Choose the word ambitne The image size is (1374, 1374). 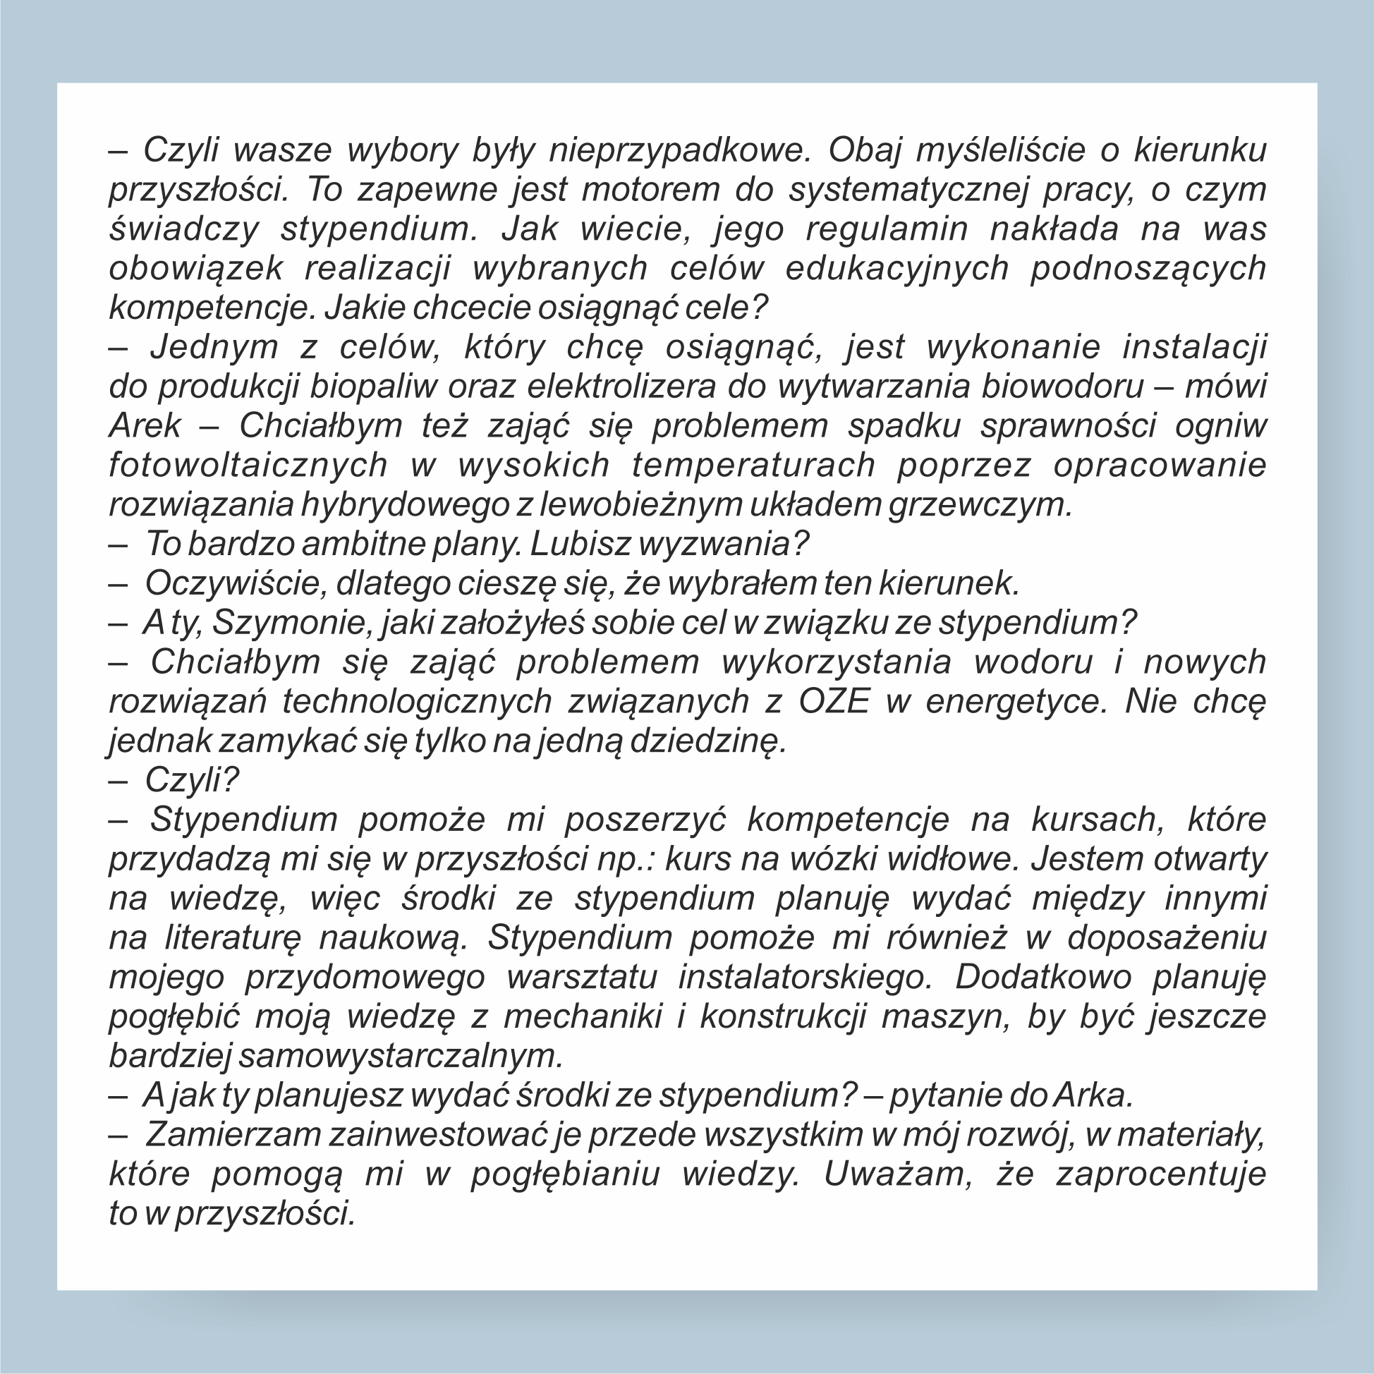click(363, 544)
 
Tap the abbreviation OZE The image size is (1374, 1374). click(834, 701)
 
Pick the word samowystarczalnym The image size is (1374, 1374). click(401, 1055)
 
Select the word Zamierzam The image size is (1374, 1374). click(232, 1134)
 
